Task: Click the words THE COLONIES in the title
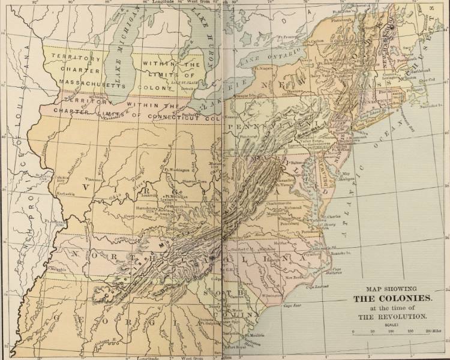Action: click(392, 298)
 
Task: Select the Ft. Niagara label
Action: click(265, 69)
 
